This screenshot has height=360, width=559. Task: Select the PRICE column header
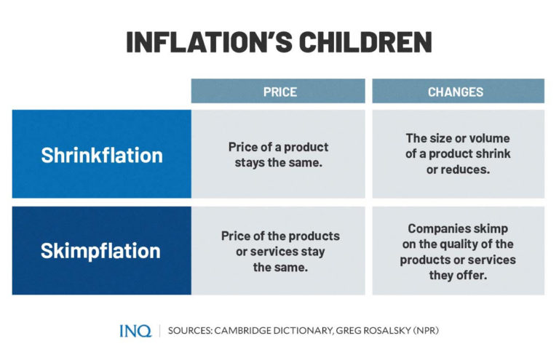coord(279,92)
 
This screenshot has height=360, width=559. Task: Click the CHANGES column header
coord(456,92)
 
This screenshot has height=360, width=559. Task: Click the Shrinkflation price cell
coord(279,154)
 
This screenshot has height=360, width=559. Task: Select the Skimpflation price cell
coord(279,252)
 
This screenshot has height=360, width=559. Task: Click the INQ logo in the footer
coord(135,331)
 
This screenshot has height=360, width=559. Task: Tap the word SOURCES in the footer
coord(191,331)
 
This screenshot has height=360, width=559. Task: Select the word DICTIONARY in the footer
coord(306,331)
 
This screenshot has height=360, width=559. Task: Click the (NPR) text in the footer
coord(426,331)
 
